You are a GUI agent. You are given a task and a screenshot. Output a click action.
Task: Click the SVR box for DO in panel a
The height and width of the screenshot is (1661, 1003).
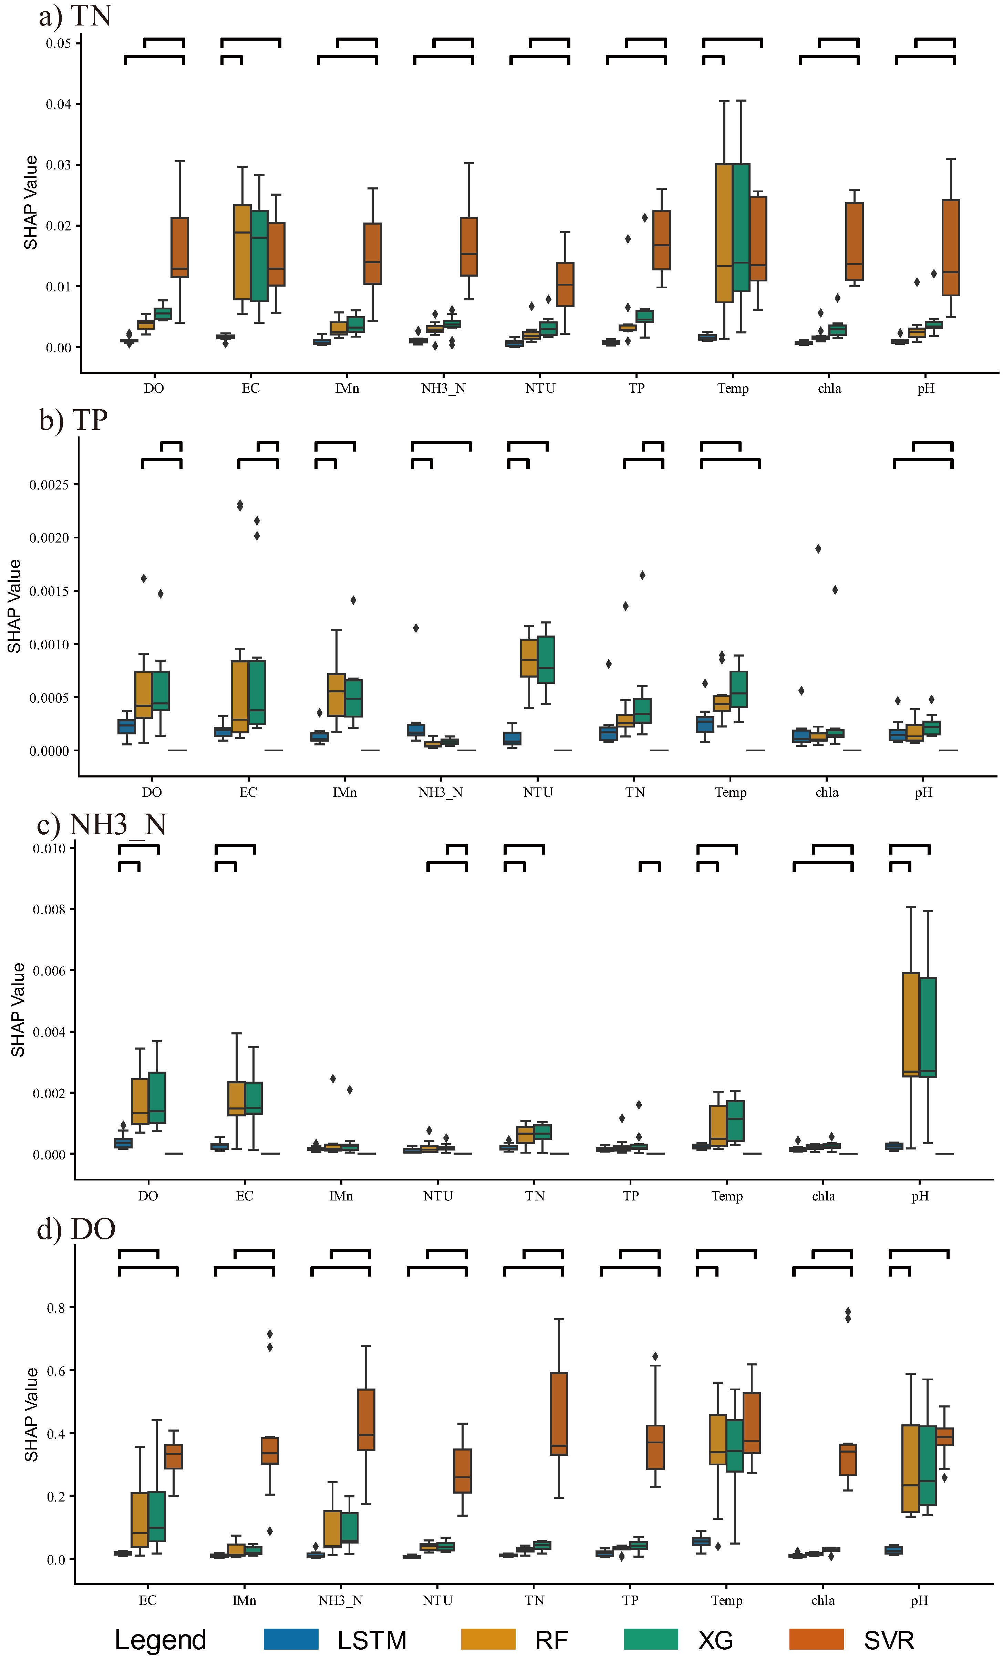[x=179, y=247]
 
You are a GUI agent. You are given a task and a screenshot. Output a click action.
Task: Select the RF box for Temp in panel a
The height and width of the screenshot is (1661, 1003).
[x=724, y=233]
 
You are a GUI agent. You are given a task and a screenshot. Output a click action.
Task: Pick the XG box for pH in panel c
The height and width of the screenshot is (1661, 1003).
[x=928, y=1027]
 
